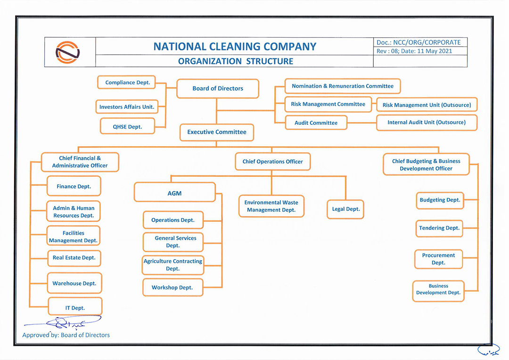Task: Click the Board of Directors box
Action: point(218,89)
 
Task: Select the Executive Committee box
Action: point(217,132)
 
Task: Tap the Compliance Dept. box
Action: point(127,82)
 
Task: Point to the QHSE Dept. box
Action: point(127,127)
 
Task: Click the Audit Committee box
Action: point(316,123)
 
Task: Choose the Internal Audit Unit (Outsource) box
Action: point(427,123)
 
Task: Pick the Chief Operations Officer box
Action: point(272,162)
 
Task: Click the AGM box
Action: point(174,193)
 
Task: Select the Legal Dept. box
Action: point(346,209)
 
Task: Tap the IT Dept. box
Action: point(75,308)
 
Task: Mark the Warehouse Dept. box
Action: point(74,284)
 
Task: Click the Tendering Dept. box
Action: point(439,228)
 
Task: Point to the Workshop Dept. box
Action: point(172,287)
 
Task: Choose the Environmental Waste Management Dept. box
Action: point(271,206)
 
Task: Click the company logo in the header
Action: point(68,52)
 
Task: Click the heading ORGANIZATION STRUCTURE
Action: point(236,61)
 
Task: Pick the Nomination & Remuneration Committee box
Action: point(343,86)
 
